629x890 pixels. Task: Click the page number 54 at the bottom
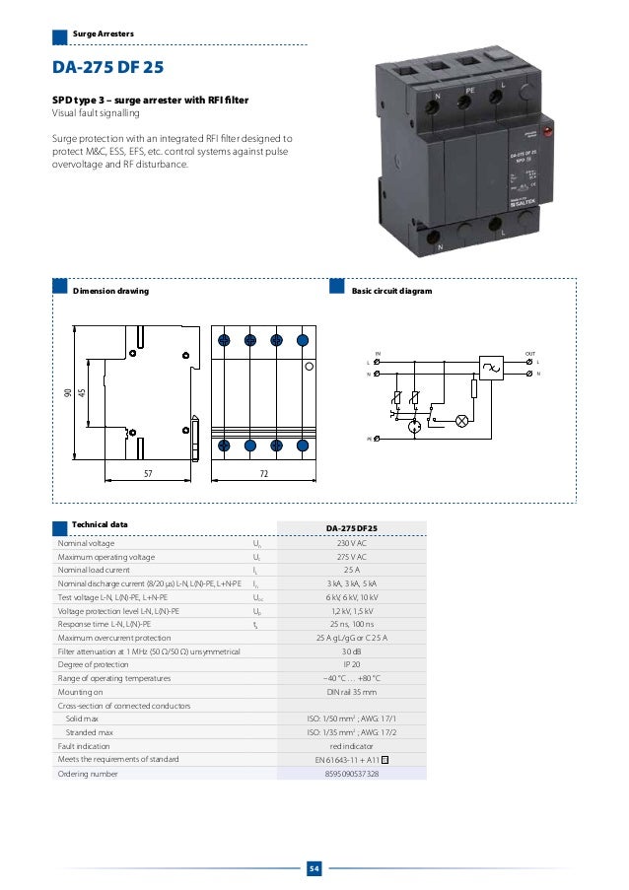click(314, 867)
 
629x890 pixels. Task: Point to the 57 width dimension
click(148, 474)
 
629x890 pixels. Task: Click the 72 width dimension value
click(263, 474)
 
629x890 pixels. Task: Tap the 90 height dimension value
click(68, 393)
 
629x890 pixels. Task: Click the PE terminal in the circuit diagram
click(372, 437)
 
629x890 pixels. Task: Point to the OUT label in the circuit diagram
click(530, 352)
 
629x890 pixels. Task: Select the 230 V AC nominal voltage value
click(352, 543)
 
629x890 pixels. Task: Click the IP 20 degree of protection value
click(352, 665)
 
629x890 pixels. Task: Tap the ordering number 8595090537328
click(352, 774)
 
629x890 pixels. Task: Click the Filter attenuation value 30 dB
click(352, 651)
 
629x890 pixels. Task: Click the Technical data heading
click(101, 523)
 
